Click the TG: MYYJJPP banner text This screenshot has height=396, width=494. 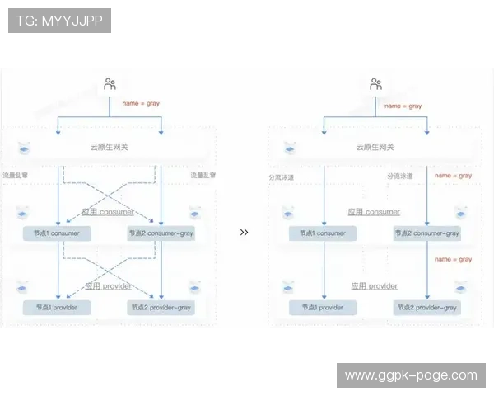click(59, 21)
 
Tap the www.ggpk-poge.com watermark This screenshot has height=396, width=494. click(411, 375)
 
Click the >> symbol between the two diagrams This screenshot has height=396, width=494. click(244, 233)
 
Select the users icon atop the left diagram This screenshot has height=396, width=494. click(110, 84)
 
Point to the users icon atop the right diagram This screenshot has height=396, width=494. click(375, 84)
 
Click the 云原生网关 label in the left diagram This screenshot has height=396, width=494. click(110, 148)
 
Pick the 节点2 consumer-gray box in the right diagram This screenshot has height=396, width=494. click(426, 233)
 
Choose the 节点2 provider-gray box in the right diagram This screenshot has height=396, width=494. click(426, 307)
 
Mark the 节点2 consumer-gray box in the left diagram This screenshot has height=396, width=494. click(161, 233)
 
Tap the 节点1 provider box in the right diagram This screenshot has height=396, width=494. click(322, 307)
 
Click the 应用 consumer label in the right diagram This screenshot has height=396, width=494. click(375, 212)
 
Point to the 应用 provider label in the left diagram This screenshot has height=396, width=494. click(110, 286)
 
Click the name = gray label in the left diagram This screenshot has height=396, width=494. click(141, 103)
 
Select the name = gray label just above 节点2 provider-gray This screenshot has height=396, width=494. click(453, 259)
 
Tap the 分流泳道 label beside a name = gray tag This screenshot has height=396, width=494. click(400, 176)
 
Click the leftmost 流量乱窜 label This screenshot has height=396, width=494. click(16, 176)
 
